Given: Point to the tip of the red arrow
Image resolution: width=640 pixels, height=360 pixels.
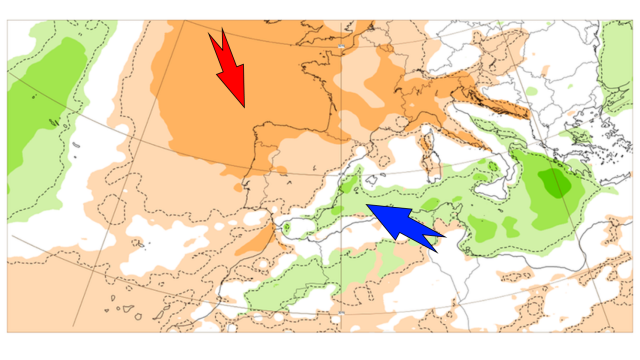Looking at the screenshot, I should (x=243, y=106).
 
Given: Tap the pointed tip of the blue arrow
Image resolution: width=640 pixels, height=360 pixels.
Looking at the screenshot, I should (x=367, y=205).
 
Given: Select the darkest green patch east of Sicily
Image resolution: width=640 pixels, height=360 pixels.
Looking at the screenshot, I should (x=552, y=182).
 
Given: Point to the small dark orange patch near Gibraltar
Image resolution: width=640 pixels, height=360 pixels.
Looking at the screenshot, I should (x=262, y=239).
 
